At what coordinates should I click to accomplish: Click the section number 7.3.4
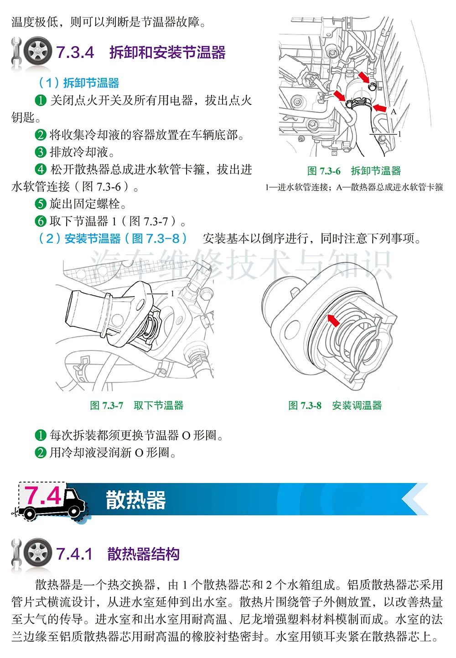[75, 52]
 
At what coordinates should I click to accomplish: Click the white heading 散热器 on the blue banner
[136, 500]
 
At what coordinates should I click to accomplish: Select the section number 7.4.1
[74, 554]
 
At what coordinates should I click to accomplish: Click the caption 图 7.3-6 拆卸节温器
[354, 171]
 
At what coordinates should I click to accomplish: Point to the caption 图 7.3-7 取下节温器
[137, 406]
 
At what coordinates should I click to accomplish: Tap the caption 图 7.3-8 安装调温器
[335, 406]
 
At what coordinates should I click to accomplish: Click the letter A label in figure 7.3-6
[394, 112]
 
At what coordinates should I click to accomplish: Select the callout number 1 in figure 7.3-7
[172, 293]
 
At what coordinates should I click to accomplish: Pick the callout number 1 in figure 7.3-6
[399, 134]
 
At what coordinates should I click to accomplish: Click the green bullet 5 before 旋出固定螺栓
[41, 204]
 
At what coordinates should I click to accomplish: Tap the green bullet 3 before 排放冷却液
[41, 152]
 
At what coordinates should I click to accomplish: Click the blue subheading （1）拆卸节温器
[79, 83]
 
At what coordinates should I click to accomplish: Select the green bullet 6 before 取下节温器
[41, 221]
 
